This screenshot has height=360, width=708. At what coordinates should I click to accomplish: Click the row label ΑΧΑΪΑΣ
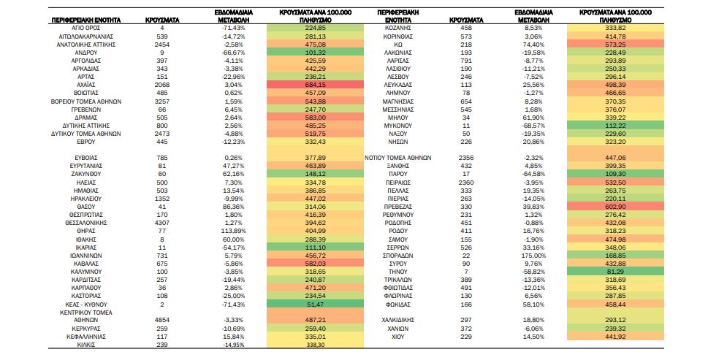click(x=85, y=85)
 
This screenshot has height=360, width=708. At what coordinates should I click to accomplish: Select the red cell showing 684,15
click(x=315, y=85)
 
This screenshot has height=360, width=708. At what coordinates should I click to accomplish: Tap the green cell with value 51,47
click(x=315, y=305)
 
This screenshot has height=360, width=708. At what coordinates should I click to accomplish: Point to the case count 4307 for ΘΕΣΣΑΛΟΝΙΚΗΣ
click(x=162, y=223)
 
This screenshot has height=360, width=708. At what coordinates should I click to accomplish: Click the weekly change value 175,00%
click(x=533, y=256)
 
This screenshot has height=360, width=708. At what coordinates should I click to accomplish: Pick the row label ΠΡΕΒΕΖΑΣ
click(x=397, y=207)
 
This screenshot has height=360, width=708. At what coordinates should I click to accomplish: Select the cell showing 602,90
click(x=615, y=207)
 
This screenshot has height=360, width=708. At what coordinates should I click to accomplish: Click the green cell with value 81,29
click(x=615, y=272)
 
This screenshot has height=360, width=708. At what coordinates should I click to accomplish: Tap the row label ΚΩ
click(x=397, y=45)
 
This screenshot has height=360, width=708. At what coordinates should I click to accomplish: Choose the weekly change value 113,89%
click(x=233, y=231)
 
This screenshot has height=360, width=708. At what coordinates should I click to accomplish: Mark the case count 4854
click(x=162, y=320)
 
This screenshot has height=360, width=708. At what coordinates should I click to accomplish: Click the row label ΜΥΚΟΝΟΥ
click(x=397, y=126)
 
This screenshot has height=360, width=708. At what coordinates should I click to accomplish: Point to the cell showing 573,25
click(x=615, y=45)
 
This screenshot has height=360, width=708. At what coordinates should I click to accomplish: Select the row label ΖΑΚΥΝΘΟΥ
click(x=85, y=174)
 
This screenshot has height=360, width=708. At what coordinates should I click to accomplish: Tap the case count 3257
click(x=162, y=102)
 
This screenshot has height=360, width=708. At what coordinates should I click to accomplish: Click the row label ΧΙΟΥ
click(x=397, y=337)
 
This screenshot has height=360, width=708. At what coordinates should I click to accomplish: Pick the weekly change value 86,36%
click(x=233, y=207)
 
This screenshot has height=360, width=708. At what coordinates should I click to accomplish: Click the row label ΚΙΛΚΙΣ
click(x=85, y=345)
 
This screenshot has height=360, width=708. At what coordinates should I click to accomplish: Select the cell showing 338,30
click(x=315, y=345)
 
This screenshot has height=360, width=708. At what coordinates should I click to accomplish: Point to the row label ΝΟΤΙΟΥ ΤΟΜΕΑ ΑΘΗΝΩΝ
click(x=397, y=158)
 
